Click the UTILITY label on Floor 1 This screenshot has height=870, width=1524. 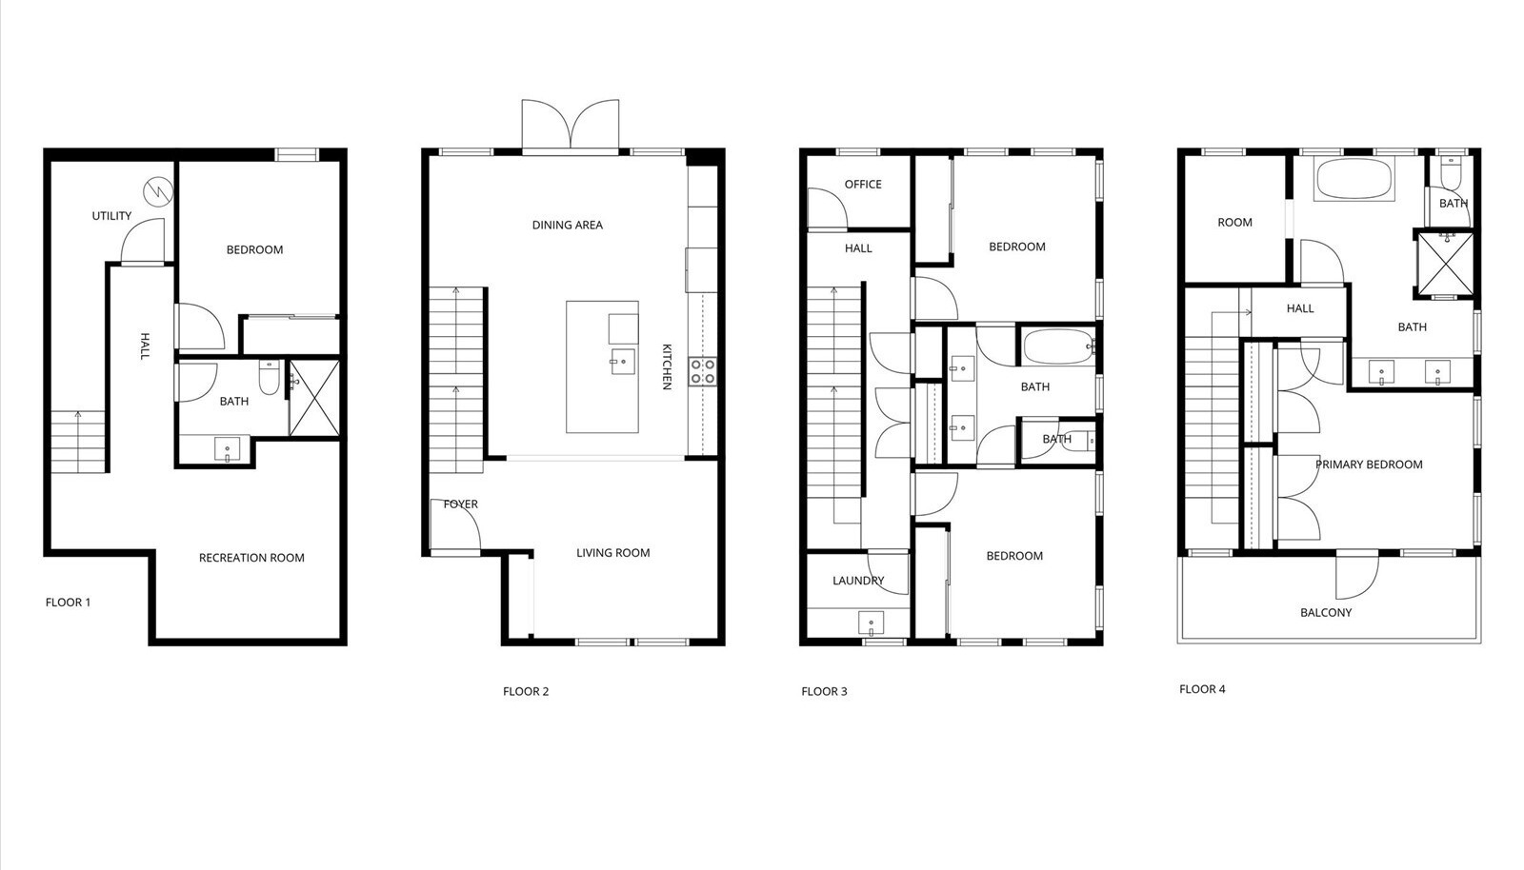[111, 216]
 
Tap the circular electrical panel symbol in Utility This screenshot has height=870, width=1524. [158, 192]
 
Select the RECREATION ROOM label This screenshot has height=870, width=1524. [251, 558]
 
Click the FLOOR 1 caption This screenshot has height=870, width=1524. [68, 603]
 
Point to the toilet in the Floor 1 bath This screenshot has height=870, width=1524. [270, 378]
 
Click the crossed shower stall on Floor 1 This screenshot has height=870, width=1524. [314, 398]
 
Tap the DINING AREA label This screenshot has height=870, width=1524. [568, 225]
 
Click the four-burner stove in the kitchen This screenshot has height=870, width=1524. [702, 372]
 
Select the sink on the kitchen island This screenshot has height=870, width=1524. [623, 363]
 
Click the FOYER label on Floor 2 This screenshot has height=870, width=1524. [461, 504]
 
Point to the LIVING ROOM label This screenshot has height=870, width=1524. [613, 553]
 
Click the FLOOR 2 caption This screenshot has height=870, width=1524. [526, 692]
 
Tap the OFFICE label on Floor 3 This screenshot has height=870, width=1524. [863, 185]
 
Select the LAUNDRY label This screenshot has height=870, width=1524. [858, 582]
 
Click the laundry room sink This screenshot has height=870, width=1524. [871, 623]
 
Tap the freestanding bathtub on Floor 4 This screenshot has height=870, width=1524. [1354, 179]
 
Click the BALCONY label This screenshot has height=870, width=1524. [1326, 613]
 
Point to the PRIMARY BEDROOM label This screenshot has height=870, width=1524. [1369, 465]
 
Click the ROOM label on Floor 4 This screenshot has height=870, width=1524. [1234, 222]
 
